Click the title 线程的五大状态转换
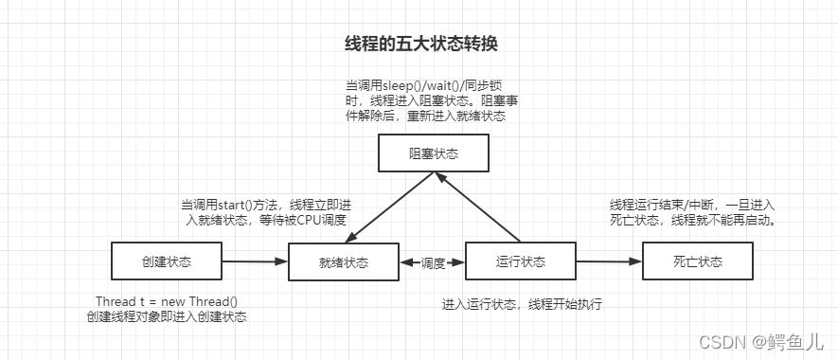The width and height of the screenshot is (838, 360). pyautogui.click(x=419, y=45)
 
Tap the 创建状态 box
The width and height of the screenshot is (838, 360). pyautogui.click(x=166, y=261)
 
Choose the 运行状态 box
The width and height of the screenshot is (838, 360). pyautogui.click(x=520, y=261)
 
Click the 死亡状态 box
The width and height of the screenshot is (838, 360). pyautogui.click(x=697, y=261)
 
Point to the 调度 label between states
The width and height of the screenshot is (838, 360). pyautogui.click(x=433, y=262)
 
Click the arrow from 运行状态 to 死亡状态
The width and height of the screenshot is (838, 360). pyautogui.click(x=609, y=261)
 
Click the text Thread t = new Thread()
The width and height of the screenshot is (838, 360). pyautogui.click(x=167, y=301)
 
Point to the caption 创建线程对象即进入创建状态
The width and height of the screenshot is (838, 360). pyautogui.click(x=167, y=317)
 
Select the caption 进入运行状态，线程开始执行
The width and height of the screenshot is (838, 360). pyautogui.click(x=522, y=304)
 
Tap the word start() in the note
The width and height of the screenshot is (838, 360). pyautogui.click(x=240, y=205)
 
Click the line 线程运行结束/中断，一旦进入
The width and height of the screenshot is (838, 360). pyautogui.click(x=692, y=205)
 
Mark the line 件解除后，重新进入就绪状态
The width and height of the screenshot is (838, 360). pyautogui.click(x=426, y=117)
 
